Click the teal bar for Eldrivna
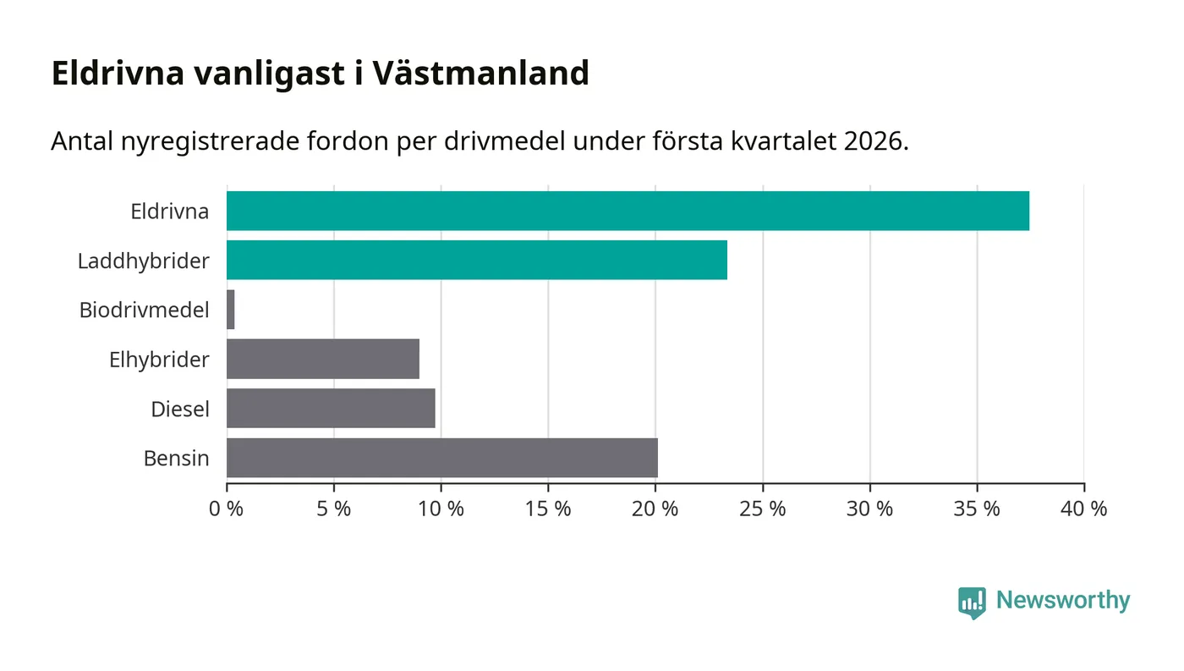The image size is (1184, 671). (x=628, y=211)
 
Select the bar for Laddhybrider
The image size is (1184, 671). (x=477, y=260)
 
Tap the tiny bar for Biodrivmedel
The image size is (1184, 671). (x=231, y=310)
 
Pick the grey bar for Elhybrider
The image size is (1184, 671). (x=323, y=359)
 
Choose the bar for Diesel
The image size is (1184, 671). (x=331, y=408)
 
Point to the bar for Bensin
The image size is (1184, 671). (x=441, y=458)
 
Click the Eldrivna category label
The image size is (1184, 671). (x=169, y=211)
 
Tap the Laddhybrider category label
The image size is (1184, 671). (x=143, y=261)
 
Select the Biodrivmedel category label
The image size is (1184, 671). (x=144, y=310)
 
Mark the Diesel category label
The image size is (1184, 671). (x=179, y=409)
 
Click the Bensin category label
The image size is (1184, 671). (x=176, y=459)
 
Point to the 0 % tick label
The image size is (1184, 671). (x=227, y=509)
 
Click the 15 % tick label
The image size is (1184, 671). (x=548, y=509)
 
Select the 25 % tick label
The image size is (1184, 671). (x=763, y=509)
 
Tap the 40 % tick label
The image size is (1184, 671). (x=1084, y=509)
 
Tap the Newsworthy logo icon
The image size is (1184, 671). (x=973, y=602)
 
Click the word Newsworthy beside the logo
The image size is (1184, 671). (x=1063, y=601)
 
